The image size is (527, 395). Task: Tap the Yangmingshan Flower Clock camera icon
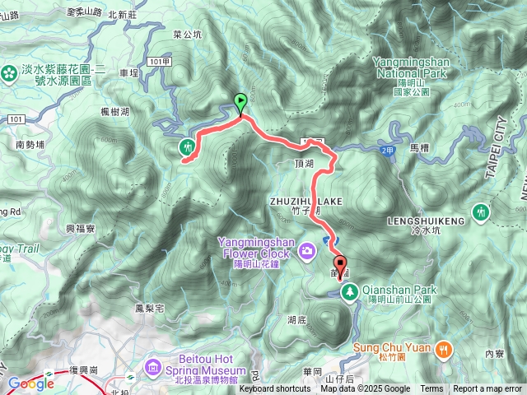point(307,249)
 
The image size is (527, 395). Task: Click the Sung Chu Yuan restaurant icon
point(444,347)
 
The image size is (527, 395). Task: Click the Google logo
point(30,383)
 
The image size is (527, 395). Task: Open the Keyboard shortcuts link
point(275,389)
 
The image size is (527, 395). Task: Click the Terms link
point(431,389)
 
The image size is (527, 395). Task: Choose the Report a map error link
point(487,389)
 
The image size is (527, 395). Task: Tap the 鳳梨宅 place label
point(150,309)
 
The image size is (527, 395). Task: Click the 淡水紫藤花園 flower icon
point(9,73)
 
